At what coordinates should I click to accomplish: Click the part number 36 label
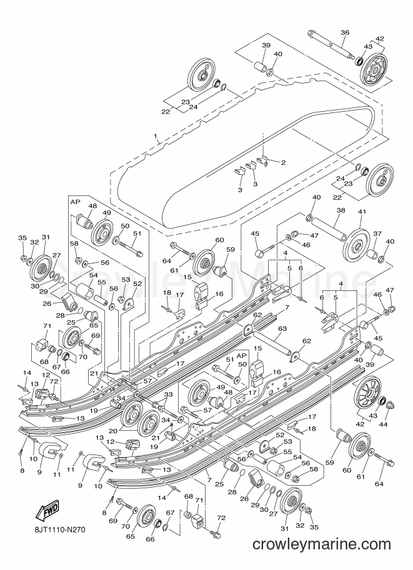click(345, 32)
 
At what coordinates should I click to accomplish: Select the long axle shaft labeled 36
click(332, 46)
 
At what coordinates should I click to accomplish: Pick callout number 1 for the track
click(156, 137)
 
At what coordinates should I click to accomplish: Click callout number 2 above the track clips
click(283, 162)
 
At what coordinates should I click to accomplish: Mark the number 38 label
click(341, 210)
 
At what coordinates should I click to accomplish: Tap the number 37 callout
click(377, 233)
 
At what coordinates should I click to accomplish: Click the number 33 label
click(167, 395)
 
